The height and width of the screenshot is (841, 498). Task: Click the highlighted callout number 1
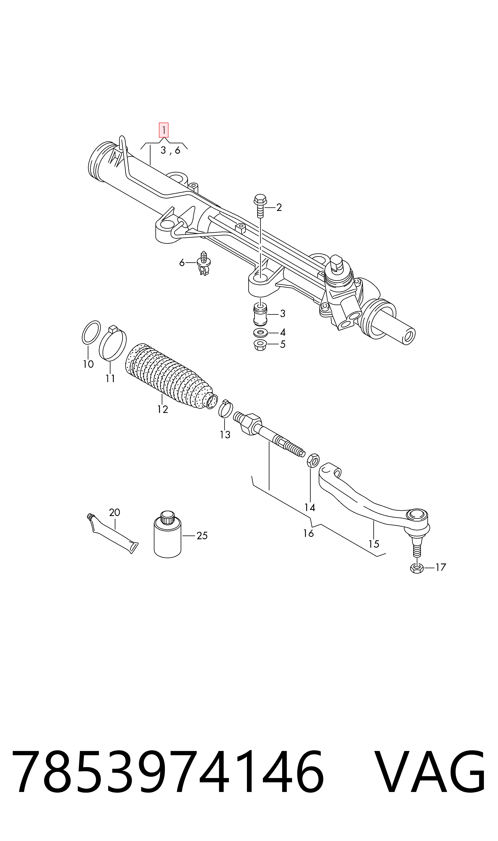(x=164, y=130)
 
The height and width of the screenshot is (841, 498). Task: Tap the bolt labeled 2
(x=260, y=205)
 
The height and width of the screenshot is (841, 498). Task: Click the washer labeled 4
(x=260, y=333)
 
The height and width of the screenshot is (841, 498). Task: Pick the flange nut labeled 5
(x=260, y=345)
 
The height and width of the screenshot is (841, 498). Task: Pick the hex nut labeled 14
(x=313, y=460)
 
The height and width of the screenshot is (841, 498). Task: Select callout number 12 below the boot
(x=163, y=409)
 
